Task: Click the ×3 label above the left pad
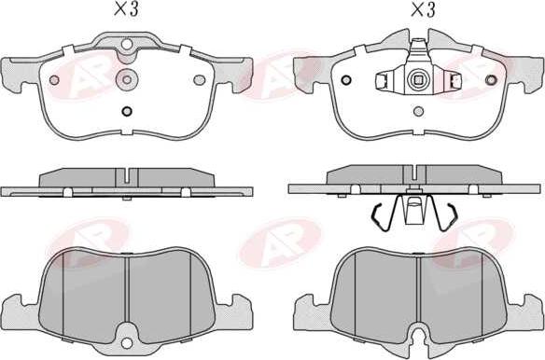127,9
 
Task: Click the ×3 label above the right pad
423,9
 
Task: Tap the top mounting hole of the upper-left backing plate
127,44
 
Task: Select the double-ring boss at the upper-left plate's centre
127,79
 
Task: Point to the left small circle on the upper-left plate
54,80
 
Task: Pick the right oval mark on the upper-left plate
200,80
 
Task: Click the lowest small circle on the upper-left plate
127,111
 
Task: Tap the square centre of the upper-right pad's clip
419,80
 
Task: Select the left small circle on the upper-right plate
346,80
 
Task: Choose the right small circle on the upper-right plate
491,80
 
